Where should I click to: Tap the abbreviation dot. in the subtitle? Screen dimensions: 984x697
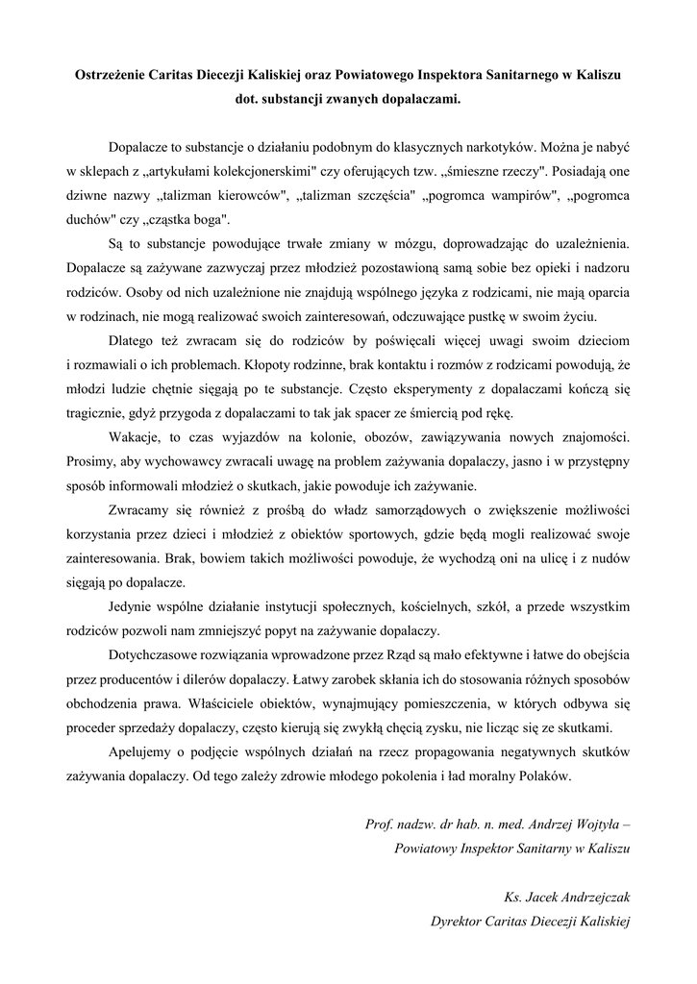[248, 98]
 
